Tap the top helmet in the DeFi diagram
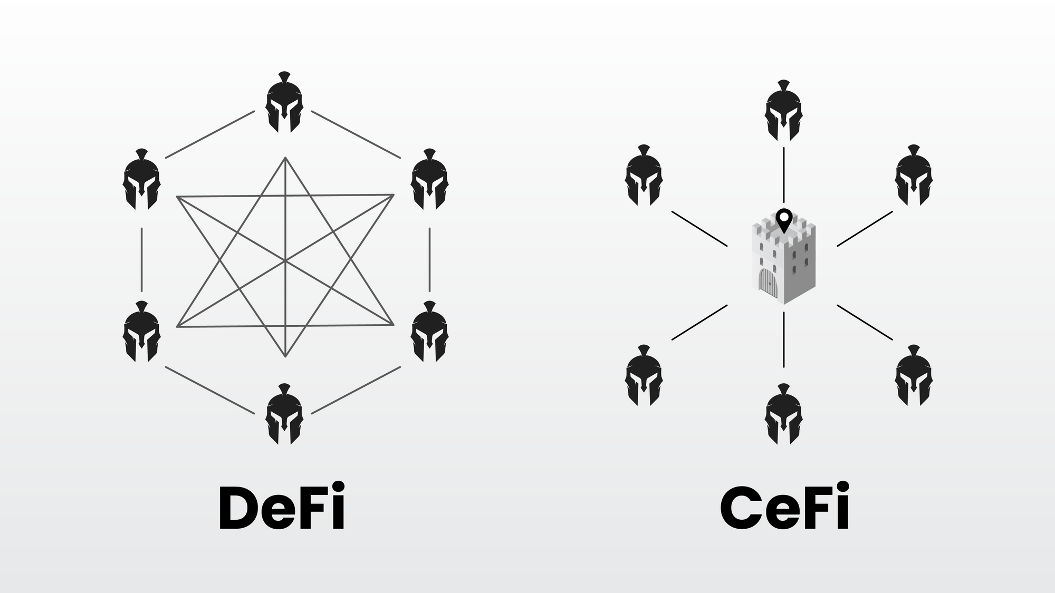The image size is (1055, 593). (284, 103)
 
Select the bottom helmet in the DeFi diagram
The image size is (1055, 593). (284, 415)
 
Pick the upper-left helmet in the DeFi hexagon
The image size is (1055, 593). (141, 180)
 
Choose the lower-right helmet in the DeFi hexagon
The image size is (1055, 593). (429, 332)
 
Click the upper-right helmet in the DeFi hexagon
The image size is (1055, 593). (429, 180)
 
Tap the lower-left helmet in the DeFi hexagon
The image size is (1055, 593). (141, 332)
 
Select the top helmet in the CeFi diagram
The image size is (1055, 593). (784, 111)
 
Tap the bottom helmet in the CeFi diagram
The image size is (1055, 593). (784, 415)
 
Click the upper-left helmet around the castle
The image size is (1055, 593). (644, 176)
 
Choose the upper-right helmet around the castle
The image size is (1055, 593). (914, 176)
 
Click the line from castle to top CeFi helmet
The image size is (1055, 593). (784, 174)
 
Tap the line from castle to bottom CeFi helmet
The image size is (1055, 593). (784, 339)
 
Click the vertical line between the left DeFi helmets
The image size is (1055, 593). (141, 259)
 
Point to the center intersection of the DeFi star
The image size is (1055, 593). (285, 260)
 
